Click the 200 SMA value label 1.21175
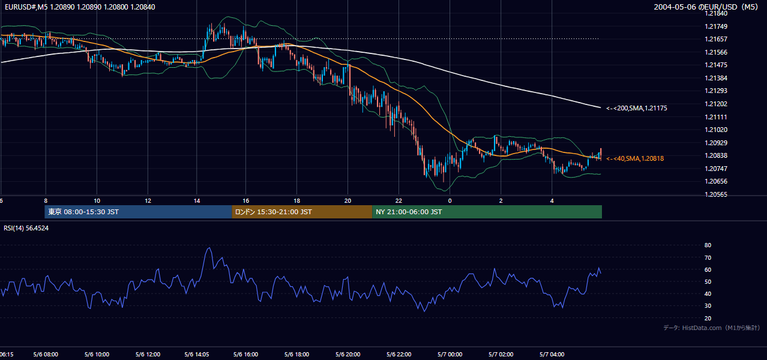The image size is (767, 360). [x=637, y=108]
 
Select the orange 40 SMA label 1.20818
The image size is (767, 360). [x=635, y=158]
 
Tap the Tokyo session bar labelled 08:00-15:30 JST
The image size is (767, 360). [x=138, y=212]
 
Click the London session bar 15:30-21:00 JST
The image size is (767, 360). [x=302, y=212]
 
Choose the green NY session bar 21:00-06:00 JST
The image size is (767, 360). [x=487, y=212]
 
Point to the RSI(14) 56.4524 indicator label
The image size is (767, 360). [x=26, y=228]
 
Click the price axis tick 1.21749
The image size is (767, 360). [x=716, y=26]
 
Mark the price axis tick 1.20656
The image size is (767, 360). [x=716, y=181]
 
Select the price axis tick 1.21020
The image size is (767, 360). [x=716, y=130]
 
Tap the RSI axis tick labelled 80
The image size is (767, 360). [x=708, y=245]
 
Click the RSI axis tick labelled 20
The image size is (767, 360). [x=708, y=318]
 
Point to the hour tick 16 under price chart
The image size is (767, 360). [x=245, y=201]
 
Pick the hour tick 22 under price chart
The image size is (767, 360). [x=399, y=201]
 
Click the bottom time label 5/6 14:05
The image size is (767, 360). [x=196, y=355]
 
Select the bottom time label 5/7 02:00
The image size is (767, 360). [x=501, y=355]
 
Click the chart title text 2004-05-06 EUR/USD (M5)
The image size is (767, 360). [x=706, y=7]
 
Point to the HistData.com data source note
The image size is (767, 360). [x=711, y=328]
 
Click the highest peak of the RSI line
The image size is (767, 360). [x=209, y=248]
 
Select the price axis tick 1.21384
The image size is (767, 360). [x=716, y=78]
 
